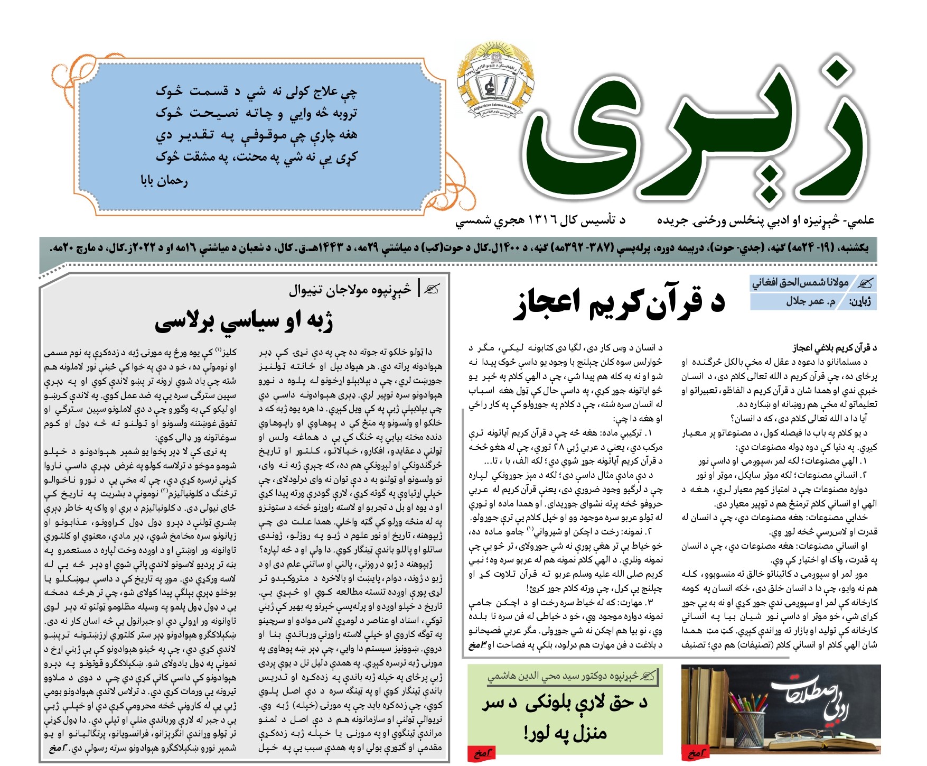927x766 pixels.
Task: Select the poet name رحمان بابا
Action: click(164, 181)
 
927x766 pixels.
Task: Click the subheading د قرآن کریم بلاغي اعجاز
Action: click(835, 348)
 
